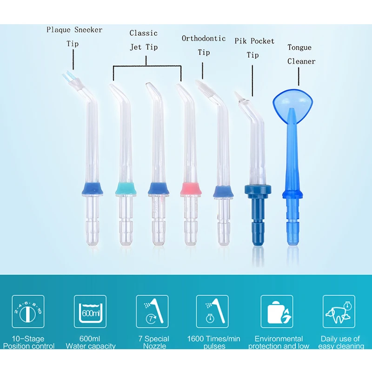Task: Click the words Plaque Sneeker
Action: pyautogui.click(x=74, y=30)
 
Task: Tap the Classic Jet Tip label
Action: pyautogui.click(x=143, y=40)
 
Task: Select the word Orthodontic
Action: pyautogui.click(x=204, y=39)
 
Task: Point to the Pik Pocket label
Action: pyautogui.click(x=255, y=41)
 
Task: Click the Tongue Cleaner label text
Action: pyautogui.click(x=301, y=54)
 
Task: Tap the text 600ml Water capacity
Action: pyautogui.click(x=90, y=342)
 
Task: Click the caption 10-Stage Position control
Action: pyautogui.click(x=28, y=342)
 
